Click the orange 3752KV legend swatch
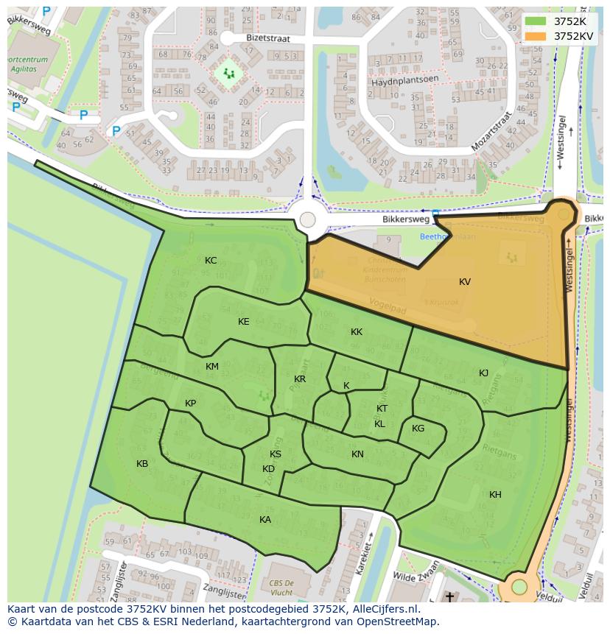tap(536, 35)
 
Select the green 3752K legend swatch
tap(536, 21)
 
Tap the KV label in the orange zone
tap(465, 282)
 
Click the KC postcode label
tap(211, 261)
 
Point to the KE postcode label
tap(244, 322)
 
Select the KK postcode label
tap(357, 332)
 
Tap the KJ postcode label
tap(484, 373)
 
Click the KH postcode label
tap(495, 495)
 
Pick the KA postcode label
tap(265, 520)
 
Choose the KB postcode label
tap(142, 464)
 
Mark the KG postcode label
tap(418, 429)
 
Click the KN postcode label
tap(357, 454)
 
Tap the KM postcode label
tap(212, 367)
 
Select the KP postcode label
tap(191, 404)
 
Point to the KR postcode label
tap(300, 379)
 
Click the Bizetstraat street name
tap(269, 38)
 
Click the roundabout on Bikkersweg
tap(308, 219)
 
